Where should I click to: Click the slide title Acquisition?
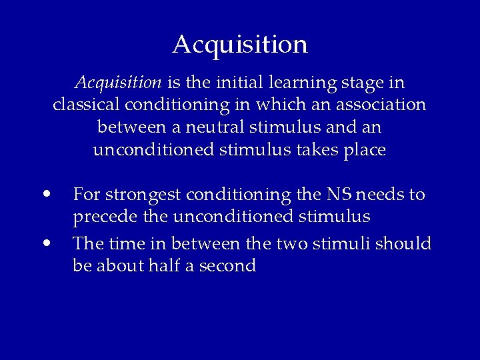click(x=240, y=45)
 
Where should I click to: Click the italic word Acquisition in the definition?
click(x=118, y=83)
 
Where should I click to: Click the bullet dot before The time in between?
click(x=46, y=243)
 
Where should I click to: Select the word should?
click(x=403, y=243)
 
